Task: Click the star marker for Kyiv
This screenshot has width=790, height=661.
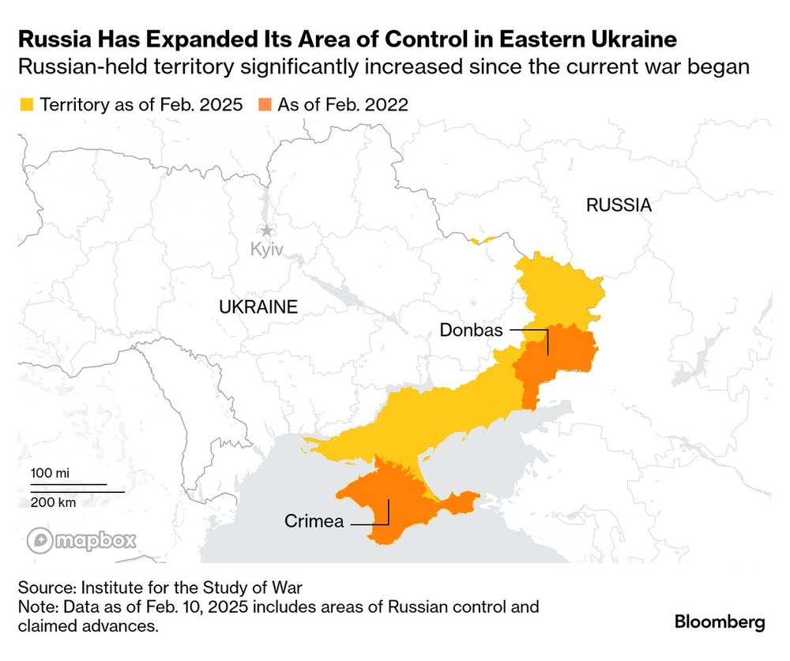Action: pyautogui.click(x=267, y=231)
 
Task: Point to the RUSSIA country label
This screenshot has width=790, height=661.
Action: pyautogui.click(x=619, y=205)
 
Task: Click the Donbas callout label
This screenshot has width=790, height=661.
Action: pyautogui.click(x=471, y=330)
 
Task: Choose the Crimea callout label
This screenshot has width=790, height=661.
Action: pyautogui.click(x=314, y=521)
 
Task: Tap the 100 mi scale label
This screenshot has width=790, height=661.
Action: pyautogui.click(x=50, y=472)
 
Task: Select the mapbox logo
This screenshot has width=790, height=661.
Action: pyautogui.click(x=82, y=541)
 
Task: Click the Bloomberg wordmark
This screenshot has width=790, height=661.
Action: pyautogui.click(x=719, y=622)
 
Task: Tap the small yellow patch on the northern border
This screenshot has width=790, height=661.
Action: pyautogui.click(x=481, y=238)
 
